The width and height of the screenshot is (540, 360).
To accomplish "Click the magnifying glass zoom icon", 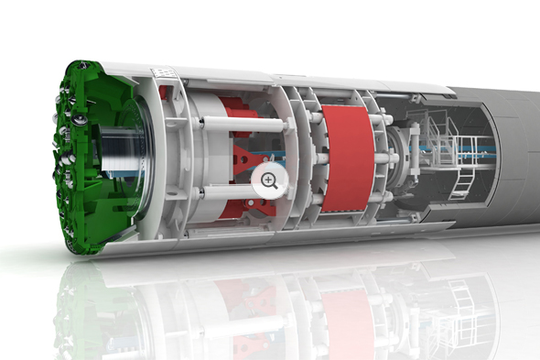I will pos(269,180).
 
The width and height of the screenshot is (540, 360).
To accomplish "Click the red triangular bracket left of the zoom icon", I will pos(240,165).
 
